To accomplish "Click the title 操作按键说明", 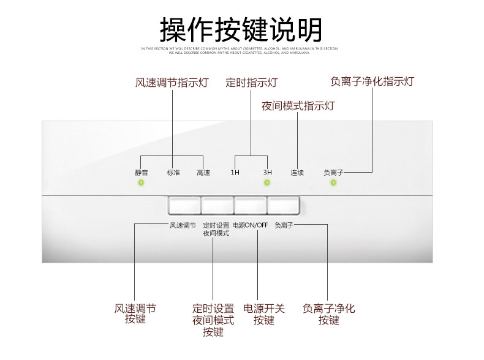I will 241,29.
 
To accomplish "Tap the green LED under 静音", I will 142,182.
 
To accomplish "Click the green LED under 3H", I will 267,182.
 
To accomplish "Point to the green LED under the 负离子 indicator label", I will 333,182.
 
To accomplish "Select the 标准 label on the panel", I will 173,173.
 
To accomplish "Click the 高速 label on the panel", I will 203,173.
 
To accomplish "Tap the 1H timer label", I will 235,173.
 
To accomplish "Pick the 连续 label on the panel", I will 297,173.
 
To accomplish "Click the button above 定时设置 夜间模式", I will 216,205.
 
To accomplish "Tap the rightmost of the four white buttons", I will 283,205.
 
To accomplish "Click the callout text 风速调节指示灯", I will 172,83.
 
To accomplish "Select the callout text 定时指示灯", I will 251,83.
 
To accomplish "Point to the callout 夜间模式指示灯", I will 298,105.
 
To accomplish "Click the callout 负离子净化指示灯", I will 372,81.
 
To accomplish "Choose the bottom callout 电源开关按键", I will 264,314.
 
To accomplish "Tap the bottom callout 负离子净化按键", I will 329,314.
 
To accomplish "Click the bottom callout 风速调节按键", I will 135,313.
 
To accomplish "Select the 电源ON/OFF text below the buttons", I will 250,225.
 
